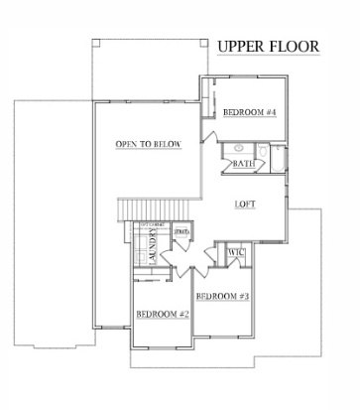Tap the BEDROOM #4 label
(x=248, y=112)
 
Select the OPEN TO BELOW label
(x=148, y=145)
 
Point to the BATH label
(x=245, y=164)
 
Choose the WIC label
(x=236, y=253)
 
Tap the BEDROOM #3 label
(x=220, y=297)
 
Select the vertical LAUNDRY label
(x=155, y=244)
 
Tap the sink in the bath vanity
(x=241, y=149)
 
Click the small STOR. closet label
(x=181, y=233)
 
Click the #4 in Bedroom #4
(x=269, y=112)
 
